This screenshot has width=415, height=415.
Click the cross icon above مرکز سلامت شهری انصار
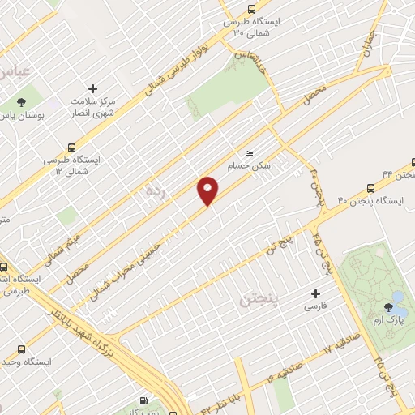[x=92, y=88]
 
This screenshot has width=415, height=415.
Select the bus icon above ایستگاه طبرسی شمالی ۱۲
[x=74, y=148]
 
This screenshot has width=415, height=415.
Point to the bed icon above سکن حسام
[x=249, y=152]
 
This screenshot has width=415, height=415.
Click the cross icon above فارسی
[x=316, y=293]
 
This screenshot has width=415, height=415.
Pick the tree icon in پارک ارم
[x=389, y=307]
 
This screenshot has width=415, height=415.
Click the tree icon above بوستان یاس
[x=21, y=103]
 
